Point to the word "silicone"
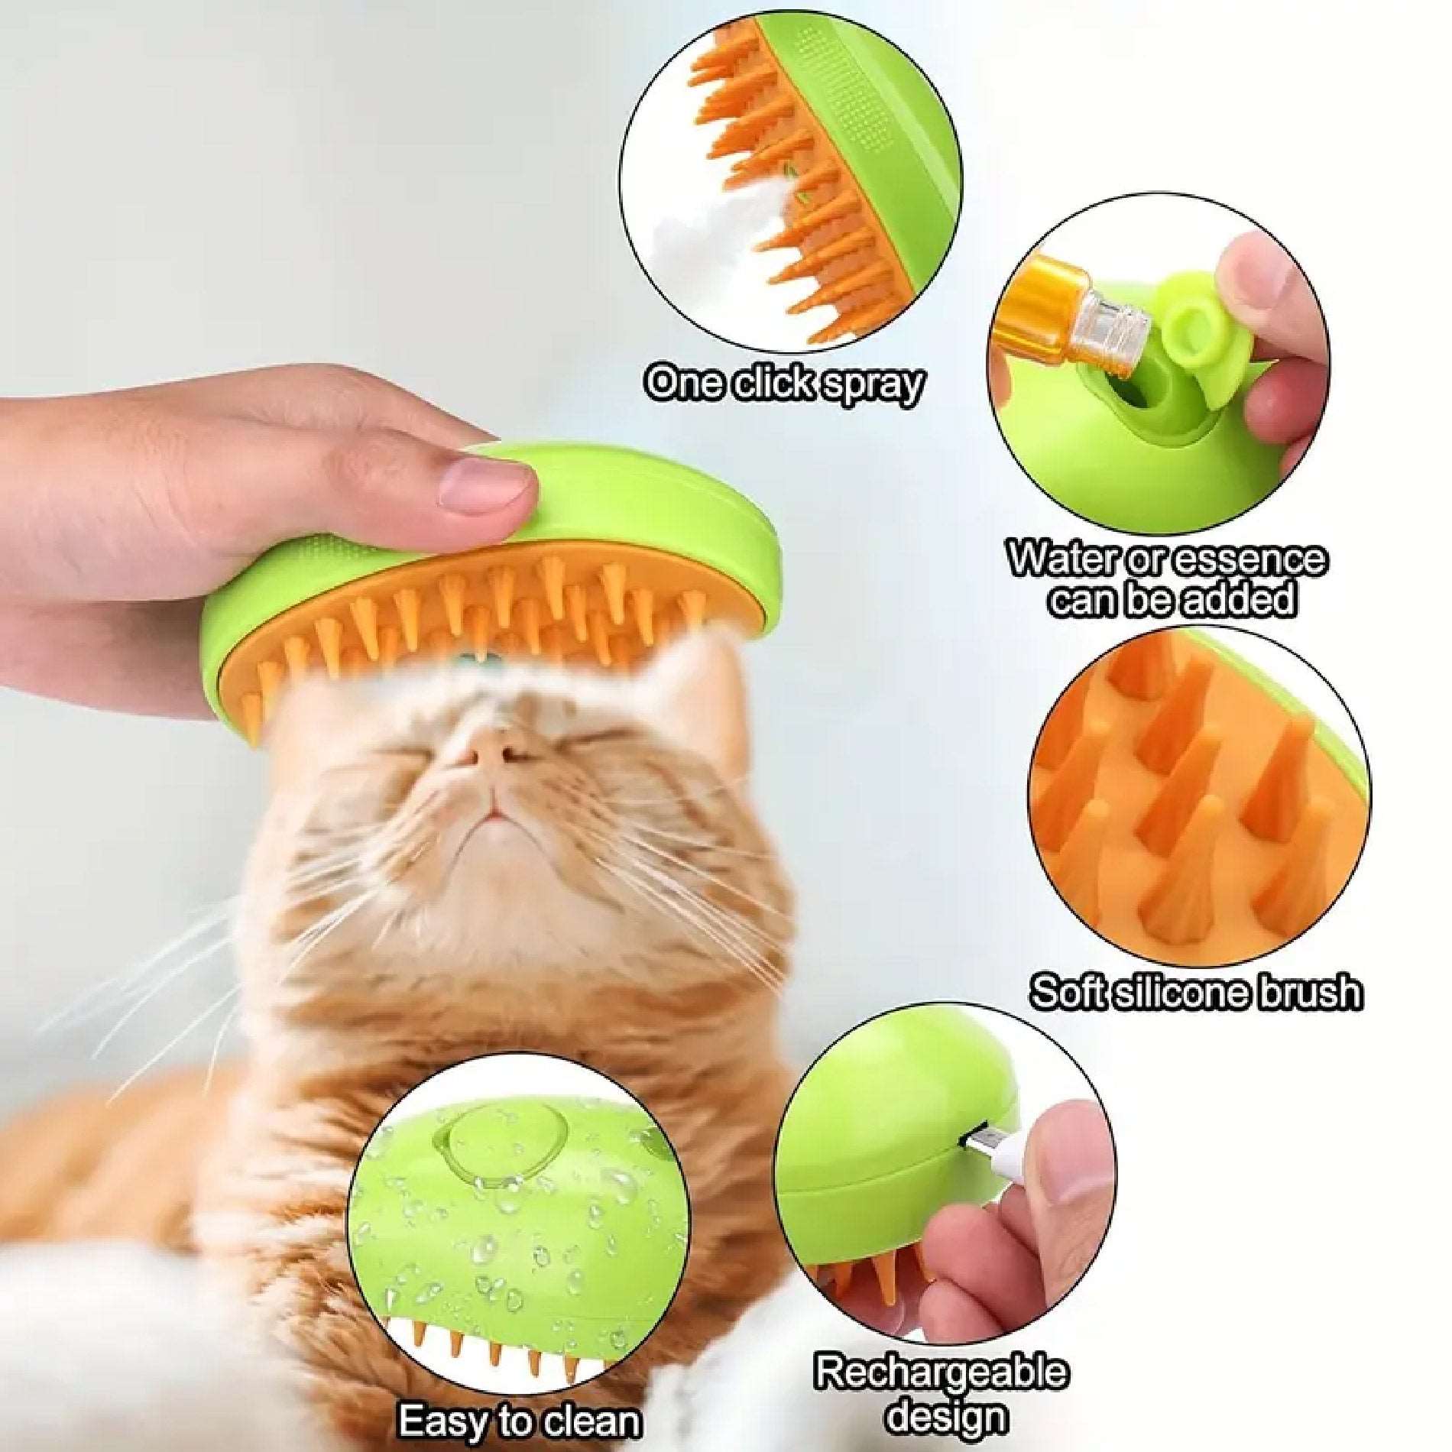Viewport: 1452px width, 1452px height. click(1188, 992)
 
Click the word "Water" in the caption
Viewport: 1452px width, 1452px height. click(1065, 561)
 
